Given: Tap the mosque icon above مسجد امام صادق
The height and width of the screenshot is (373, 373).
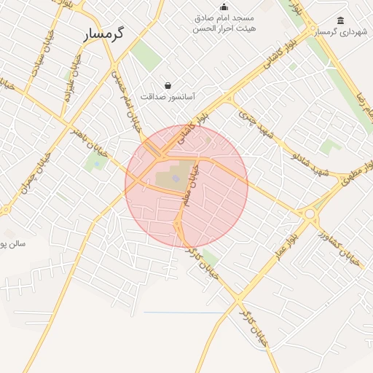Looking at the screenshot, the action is pos(224,7).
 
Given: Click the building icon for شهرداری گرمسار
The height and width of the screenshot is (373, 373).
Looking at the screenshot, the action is pos(341,20).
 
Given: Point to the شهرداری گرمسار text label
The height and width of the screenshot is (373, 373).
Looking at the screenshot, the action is pos(342,32).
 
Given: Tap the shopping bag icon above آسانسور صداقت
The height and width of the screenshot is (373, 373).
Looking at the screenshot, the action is pos(168,85).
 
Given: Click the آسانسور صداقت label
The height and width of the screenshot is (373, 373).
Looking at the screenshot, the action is pos(168,96).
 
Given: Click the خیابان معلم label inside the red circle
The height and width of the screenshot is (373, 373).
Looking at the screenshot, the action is pos(191,188).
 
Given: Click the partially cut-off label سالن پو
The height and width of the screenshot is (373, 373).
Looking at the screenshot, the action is pos(13,243).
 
